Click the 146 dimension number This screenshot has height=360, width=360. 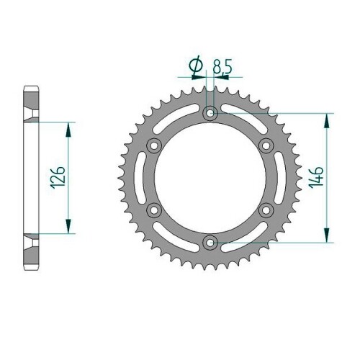316,178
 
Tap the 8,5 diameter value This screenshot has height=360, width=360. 222,67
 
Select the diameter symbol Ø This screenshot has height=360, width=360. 196,65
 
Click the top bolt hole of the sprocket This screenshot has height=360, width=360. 210,113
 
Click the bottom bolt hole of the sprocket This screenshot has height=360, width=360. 210,243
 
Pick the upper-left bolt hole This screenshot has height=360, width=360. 154,145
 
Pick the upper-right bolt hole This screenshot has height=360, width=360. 266,145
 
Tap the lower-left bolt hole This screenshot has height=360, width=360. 154,210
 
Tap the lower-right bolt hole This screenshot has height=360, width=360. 266,210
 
